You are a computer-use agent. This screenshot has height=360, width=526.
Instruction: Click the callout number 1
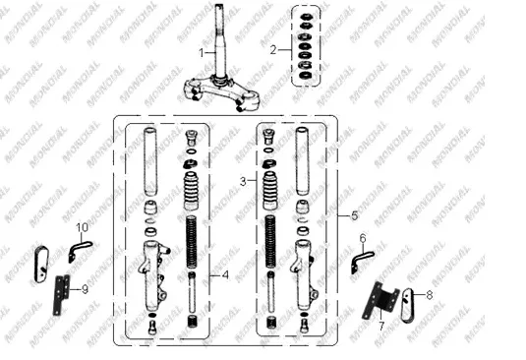click(x=202, y=53)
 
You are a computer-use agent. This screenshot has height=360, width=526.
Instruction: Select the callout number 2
click(x=273, y=50)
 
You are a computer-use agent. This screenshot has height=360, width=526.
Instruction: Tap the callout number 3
click(x=243, y=182)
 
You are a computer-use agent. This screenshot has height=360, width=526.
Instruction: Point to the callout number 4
click(x=225, y=275)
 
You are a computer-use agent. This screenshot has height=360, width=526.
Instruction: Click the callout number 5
click(x=355, y=215)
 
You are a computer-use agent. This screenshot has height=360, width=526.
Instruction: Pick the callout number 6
click(x=363, y=239)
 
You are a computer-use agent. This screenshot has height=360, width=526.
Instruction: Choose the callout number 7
click(x=381, y=326)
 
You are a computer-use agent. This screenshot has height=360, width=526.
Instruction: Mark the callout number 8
click(x=429, y=295)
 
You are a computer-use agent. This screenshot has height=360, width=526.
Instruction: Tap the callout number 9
click(x=85, y=289)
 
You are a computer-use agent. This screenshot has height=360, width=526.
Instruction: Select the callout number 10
click(x=83, y=227)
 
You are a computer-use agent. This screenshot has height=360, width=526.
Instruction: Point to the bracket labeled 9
click(x=61, y=295)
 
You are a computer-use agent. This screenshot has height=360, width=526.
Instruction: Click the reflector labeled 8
click(x=408, y=305)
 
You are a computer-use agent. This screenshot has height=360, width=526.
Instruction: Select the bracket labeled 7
click(x=380, y=301)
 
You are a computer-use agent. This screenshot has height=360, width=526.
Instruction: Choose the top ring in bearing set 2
click(x=305, y=17)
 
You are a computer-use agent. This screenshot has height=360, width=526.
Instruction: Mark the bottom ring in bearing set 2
click(x=305, y=75)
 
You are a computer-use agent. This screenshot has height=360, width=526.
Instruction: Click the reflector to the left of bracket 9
click(x=41, y=265)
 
